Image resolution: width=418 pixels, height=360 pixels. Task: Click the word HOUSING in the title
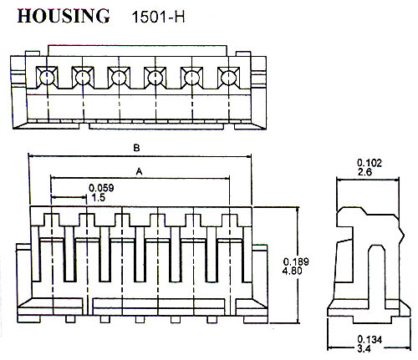[x=64, y=16]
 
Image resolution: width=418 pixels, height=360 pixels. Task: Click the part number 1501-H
[x=158, y=18]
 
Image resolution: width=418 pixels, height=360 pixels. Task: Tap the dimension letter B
[x=136, y=148]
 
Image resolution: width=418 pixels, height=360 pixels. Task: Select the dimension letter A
[x=139, y=171]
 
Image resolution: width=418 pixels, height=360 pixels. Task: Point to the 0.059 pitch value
[x=101, y=188]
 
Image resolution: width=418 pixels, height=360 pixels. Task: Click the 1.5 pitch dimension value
[x=98, y=198]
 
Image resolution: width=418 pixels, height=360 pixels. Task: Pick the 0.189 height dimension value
[x=296, y=261]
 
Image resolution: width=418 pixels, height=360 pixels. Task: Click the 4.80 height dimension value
[x=293, y=271]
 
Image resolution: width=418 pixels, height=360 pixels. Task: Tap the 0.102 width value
[x=370, y=163]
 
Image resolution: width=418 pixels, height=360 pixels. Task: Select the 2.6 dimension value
[x=364, y=172]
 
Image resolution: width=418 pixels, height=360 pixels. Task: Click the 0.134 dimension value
[x=370, y=340]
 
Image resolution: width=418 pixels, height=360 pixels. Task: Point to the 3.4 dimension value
[x=364, y=348]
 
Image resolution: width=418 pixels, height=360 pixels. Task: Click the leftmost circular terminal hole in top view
[x=47, y=78]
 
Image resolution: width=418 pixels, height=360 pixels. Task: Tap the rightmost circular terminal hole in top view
[x=228, y=78]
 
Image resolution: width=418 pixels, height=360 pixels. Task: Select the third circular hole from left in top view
[x=119, y=78]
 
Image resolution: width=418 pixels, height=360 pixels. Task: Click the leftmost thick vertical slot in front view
[x=70, y=254]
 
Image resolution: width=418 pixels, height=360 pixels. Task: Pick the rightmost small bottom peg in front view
[x=212, y=319]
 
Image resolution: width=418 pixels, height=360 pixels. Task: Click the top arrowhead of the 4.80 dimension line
[x=298, y=210]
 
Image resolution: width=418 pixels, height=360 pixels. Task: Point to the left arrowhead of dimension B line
[x=32, y=156]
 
